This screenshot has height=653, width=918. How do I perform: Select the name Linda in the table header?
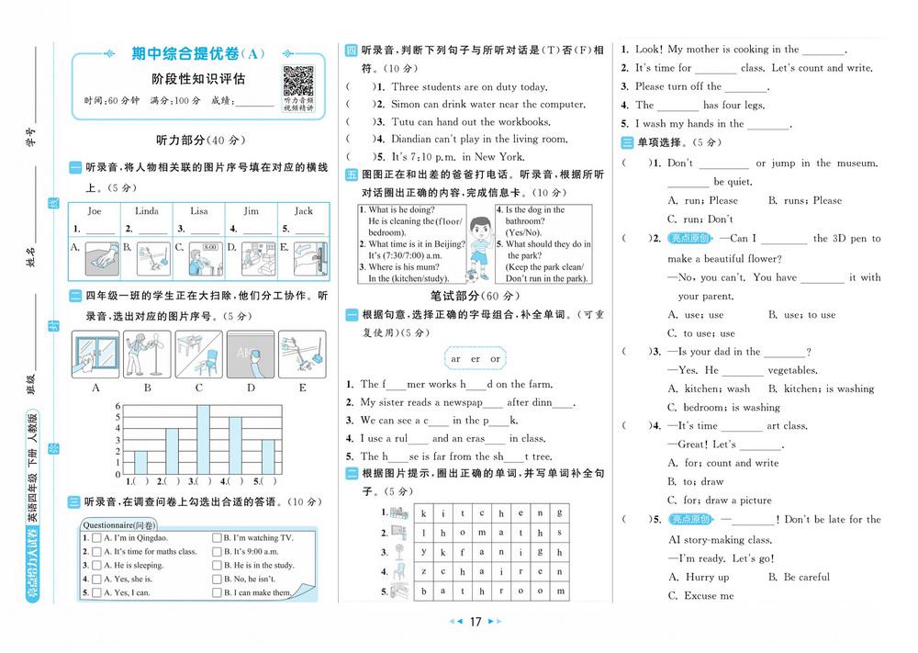(147, 210)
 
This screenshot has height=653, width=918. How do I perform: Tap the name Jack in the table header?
(303, 210)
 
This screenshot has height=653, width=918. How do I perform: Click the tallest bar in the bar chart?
(203, 439)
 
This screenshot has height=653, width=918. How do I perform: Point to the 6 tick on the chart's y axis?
(118, 405)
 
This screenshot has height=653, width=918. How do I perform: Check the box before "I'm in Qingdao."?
(96, 537)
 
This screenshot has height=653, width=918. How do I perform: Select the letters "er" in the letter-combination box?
(476, 359)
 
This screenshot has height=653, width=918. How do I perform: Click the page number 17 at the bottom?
(476, 623)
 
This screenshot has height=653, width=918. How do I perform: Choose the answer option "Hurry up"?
(707, 577)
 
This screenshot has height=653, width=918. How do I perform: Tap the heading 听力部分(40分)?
(200, 141)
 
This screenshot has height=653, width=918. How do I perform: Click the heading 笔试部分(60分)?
(475, 296)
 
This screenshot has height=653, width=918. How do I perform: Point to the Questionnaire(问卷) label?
(118, 525)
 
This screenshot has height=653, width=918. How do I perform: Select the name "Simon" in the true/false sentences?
(406, 105)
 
